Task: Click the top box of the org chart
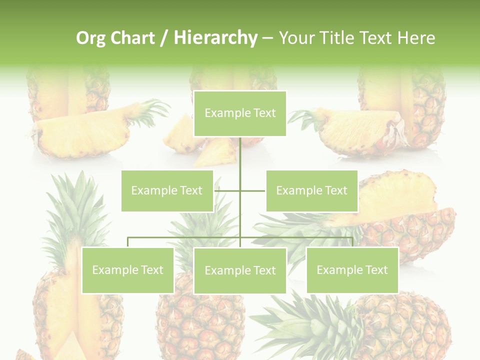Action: [240, 113]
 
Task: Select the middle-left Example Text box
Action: [167, 190]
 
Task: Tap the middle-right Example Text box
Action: [311, 190]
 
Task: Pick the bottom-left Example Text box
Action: [127, 270]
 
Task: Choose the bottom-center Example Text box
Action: [240, 270]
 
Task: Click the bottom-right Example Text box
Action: [352, 270]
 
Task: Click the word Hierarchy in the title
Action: [215, 38]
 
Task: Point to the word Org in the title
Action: [90, 38]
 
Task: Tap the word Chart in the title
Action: [132, 38]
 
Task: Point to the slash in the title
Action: [164, 38]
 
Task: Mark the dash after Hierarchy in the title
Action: [267, 38]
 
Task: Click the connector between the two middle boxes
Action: [240, 190]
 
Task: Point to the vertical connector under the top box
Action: [240, 155]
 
